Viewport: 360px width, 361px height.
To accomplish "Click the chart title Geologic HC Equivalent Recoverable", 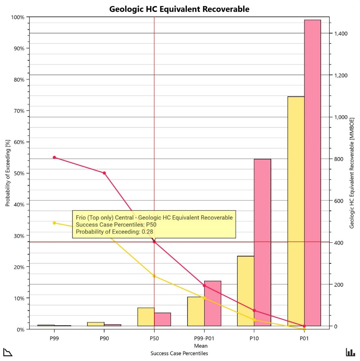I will click(179, 9).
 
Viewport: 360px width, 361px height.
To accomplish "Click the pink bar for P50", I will click(162, 319).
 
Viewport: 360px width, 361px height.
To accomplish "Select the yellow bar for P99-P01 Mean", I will click(196, 311).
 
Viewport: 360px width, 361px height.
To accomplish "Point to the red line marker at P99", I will click(54, 157).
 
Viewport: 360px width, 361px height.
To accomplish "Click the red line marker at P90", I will click(104, 173).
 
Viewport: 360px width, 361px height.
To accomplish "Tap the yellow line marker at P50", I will click(154, 276).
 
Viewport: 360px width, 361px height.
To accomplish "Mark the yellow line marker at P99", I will click(54, 223).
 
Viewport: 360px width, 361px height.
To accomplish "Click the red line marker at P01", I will click(304, 326).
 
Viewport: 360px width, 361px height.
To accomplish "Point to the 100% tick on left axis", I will click(18, 17).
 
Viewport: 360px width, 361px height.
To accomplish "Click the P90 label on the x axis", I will click(104, 338).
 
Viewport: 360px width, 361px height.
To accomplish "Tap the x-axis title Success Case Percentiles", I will click(179, 353).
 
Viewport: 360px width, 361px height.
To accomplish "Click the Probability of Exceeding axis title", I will click(8, 173).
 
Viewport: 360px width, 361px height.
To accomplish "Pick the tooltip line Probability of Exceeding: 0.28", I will click(114, 232).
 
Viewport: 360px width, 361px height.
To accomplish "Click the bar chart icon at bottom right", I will click(350, 352).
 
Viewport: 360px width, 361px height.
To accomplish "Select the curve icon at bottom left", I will click(8, 352).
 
